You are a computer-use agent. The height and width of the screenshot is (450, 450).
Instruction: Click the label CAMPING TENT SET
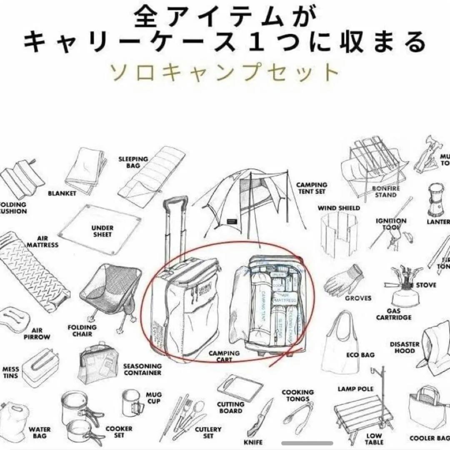coord(312,188)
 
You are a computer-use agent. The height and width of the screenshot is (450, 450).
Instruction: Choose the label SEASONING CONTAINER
coord(142,369)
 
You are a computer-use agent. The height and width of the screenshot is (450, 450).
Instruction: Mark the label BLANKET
coord(62,193)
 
